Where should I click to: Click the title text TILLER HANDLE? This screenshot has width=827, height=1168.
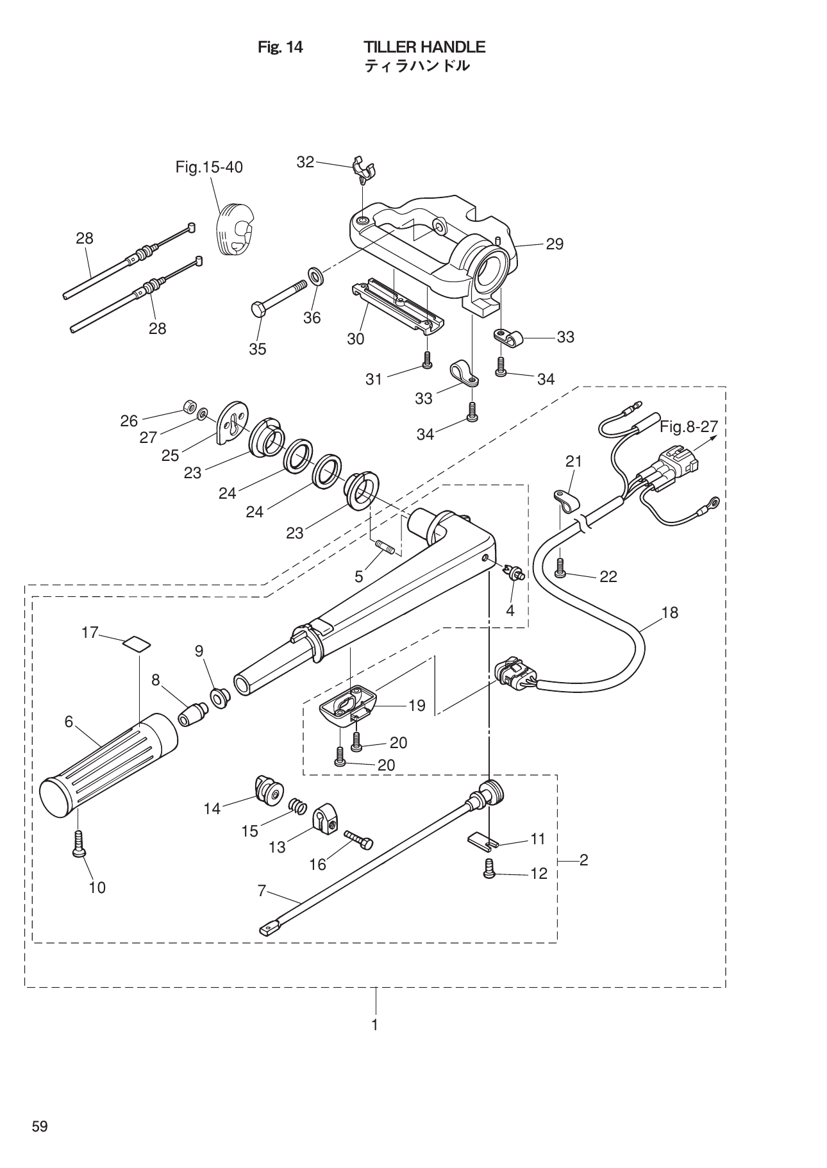coord(424,47)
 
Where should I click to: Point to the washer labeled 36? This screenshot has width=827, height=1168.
coord(316,276)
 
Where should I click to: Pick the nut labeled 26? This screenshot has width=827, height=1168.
coord(189,406)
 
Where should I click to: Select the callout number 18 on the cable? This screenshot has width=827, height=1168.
coord(669,612)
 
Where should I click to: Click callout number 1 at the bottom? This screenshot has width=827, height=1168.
coord(375,1024)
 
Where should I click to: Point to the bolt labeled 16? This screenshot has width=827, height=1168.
coord(358,839)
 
